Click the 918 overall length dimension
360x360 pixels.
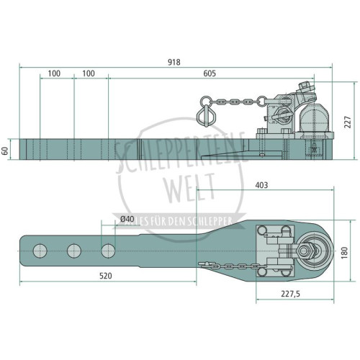[174, 63]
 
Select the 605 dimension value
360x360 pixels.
[210, 73]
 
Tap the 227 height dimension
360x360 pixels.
[348, 122]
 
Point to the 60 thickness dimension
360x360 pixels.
[5, 150]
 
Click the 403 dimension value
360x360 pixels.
[261, 185]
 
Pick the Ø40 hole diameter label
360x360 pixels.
[127, 219]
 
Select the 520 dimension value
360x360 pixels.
[106, 276]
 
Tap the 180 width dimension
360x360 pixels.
[344, 253]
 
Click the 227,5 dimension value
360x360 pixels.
[290, 294]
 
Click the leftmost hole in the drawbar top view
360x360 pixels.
[40, 251]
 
